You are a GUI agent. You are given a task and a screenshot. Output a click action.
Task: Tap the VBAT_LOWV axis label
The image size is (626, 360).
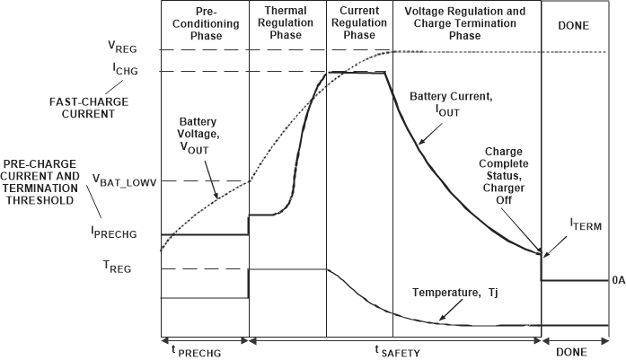(121, 180)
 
